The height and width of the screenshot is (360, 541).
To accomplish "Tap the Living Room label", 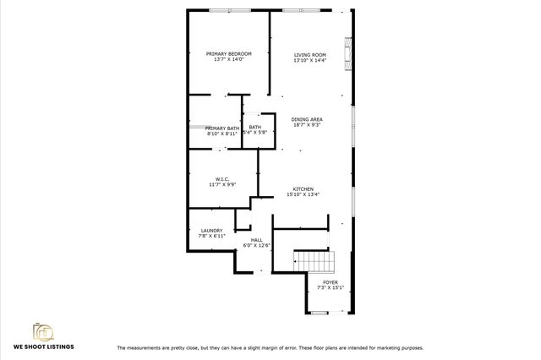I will click(x=309, y=54).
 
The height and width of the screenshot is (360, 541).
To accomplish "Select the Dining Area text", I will click(x=308, y=119).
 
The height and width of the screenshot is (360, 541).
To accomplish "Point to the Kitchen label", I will click(x=303, y=188).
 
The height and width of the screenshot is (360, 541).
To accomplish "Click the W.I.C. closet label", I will click(x=223, y=178).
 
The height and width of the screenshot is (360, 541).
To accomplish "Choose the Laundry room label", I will click(x=211, y=231).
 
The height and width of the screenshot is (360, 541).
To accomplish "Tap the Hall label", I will click(x=257, y=240).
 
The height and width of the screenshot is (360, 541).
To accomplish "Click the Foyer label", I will click(x=330, y=281).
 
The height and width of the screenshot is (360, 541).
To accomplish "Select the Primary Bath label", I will click(x=222, y=128).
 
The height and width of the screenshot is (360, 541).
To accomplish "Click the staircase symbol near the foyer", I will click(x=314, y=260).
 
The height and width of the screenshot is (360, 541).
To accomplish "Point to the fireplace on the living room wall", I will click(x=346, y=52).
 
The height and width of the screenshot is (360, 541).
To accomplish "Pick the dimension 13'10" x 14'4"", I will click(x=309, y=60).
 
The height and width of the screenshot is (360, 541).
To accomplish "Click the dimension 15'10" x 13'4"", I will click(x=303, y=194).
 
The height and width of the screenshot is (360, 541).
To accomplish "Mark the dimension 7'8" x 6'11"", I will click(x=211, y=237).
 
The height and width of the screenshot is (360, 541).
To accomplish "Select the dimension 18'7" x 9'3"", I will click(x=308, y=125).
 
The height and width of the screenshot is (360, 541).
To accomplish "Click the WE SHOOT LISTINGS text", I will click(x=43, y=346).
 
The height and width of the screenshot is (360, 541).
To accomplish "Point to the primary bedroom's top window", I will click(x=229, y=10).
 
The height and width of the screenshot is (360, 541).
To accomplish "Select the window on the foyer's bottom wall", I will click(x=320, y=313).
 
